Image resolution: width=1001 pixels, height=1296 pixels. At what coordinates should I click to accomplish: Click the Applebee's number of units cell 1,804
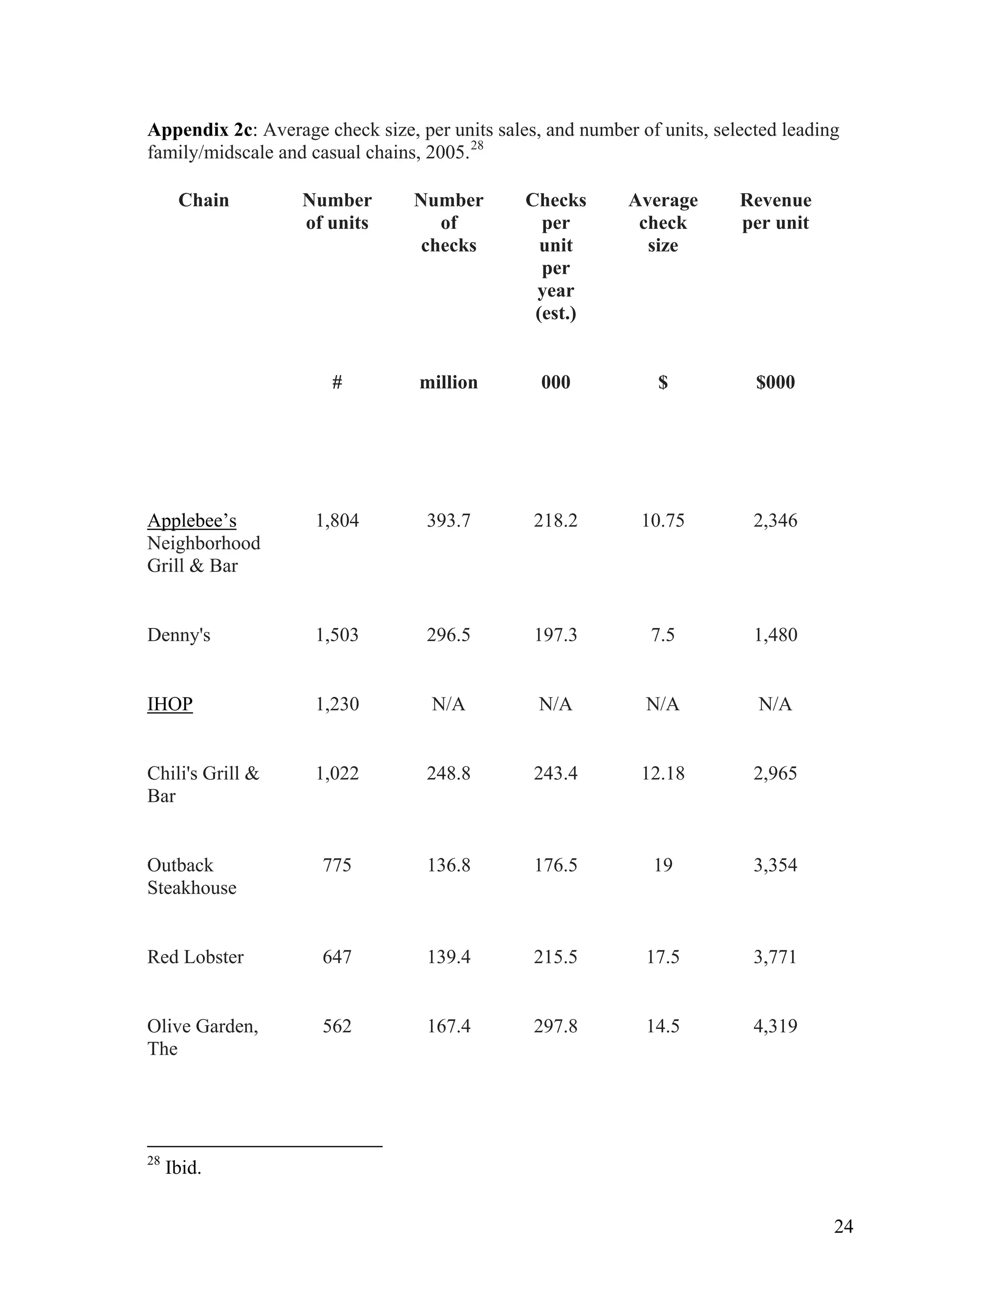pyautogui.click(x=337, y=520)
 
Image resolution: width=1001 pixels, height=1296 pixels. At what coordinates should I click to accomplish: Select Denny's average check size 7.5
pyautogui.click(x=662, y=635)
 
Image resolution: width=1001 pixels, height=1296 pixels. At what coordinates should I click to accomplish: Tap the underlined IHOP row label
pyautogui.click(x=170, y=704)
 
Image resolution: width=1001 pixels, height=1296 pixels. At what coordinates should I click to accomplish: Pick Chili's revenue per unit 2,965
pyautogui.click(x=775, y=773)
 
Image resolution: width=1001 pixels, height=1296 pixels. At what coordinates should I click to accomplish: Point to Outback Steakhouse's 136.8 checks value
pyautogui.click(x=448, y=865)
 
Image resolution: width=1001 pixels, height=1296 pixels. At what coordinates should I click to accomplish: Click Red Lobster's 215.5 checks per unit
pyautogui.click(x=555, y=957)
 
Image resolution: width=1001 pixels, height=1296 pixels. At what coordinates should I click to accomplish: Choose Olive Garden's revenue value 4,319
pyautogui.click(x=775, y=1026)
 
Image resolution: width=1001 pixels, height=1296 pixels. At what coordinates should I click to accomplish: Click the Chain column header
pyautogui.click(x=203, y=200)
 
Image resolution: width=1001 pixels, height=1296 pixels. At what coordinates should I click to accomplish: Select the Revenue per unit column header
pyautogui.click(x=775, y=211)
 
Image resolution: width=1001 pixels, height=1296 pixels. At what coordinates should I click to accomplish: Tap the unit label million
pyautogui.click(x=448, y=382)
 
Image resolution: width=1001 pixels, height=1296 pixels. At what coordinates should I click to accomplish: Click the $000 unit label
pyautogui.click(x=775, y=382)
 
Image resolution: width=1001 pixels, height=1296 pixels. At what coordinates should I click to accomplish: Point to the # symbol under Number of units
pyautogui.click(x=337, y=382)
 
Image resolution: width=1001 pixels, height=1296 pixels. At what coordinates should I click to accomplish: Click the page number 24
pyautogui.click(x=843, y=1226)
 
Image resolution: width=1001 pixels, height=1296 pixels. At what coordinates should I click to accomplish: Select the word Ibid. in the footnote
pyautogui.click(x=183, y=1168)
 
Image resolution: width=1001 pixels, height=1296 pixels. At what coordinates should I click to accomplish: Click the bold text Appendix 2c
pyautogui.click(x=200, y=130)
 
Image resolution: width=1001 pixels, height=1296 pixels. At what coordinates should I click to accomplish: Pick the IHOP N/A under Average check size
pyautogui.click(x=662, y=704)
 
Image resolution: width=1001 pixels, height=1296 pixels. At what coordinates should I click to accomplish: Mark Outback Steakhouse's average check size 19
pyautogui.click(x=662, y=865)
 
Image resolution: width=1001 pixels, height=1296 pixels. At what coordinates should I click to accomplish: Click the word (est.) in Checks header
pyautogui.click(x=555, y=313)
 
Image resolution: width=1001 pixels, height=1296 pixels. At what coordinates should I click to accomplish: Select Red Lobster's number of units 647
pyautogui.click(x=337, y=957)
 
